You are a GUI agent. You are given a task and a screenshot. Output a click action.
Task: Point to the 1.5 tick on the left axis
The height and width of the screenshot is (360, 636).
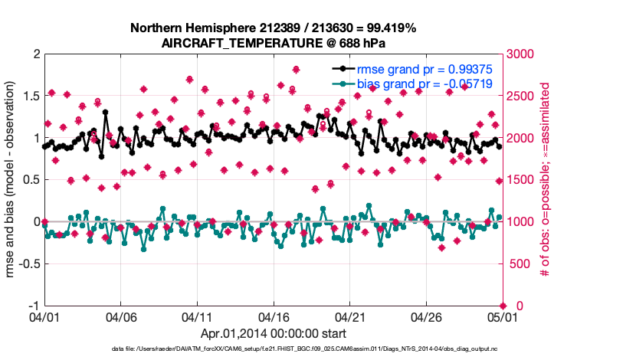(x=30, y=97)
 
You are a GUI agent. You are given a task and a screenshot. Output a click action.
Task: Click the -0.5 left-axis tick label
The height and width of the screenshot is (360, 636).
(x=28, y=264)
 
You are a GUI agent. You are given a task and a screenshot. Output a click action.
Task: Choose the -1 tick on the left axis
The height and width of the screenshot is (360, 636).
(x=33, y=306)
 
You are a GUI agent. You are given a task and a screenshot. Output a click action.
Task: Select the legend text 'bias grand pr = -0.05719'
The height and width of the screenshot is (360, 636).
(x=425, y=83)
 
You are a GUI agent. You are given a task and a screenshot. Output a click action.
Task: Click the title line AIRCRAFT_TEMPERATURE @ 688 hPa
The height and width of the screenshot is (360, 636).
(x=274, y=43)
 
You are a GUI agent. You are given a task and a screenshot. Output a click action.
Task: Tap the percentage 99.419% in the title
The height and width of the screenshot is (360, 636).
(x=389, y=28)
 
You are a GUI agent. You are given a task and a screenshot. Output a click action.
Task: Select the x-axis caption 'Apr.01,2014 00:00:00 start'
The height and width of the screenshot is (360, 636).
(x=274, y=333)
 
